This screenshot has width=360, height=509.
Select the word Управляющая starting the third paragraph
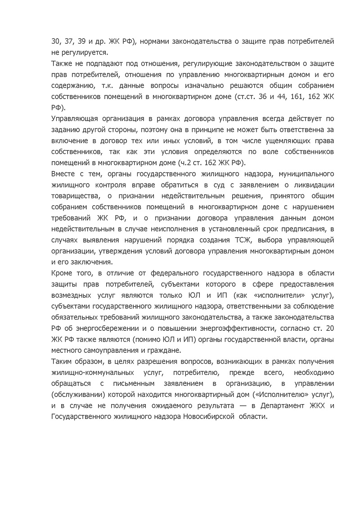74,119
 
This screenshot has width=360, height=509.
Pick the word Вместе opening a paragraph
64,173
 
